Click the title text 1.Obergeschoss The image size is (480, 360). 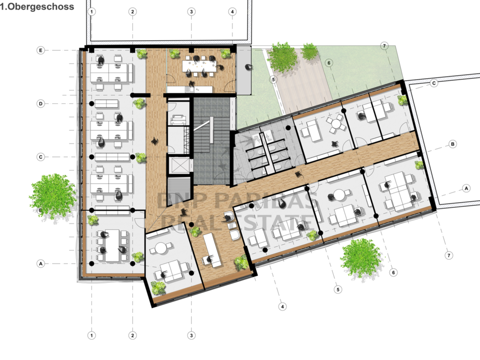(37, 7)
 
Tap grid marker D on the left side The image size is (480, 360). (41, 104)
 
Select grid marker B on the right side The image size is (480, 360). (452, 144)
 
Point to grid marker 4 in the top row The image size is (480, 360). (232, 12)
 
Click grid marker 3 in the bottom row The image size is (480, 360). (191, 335)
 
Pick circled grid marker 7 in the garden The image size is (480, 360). (384, 46)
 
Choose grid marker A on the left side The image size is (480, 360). (41, 263)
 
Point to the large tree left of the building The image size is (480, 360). (52, 196)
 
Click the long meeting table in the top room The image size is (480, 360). (199, 66)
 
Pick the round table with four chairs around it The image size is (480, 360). (336, 124)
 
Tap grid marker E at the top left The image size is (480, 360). (41, 51)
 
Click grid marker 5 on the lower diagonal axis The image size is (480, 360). (338, 289)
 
